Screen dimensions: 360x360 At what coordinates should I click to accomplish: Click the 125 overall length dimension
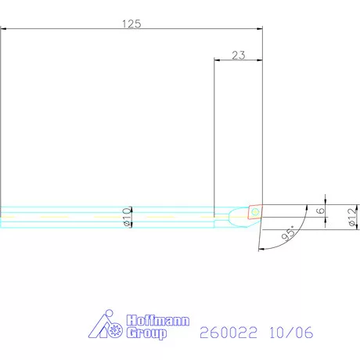(x=131, y=24)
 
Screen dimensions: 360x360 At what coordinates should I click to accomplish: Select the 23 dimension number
(x=239, y=55)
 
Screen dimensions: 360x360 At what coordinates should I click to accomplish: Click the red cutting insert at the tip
(x=255, y=211)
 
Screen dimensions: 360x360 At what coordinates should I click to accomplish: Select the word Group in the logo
(x=146, y=333)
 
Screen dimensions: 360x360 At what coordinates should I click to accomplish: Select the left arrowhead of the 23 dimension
(x=218, y=60)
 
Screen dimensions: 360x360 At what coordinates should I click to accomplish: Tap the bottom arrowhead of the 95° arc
(x=259, y=248)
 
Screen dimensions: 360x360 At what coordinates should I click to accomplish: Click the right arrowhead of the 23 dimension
(x=259, y=60)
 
